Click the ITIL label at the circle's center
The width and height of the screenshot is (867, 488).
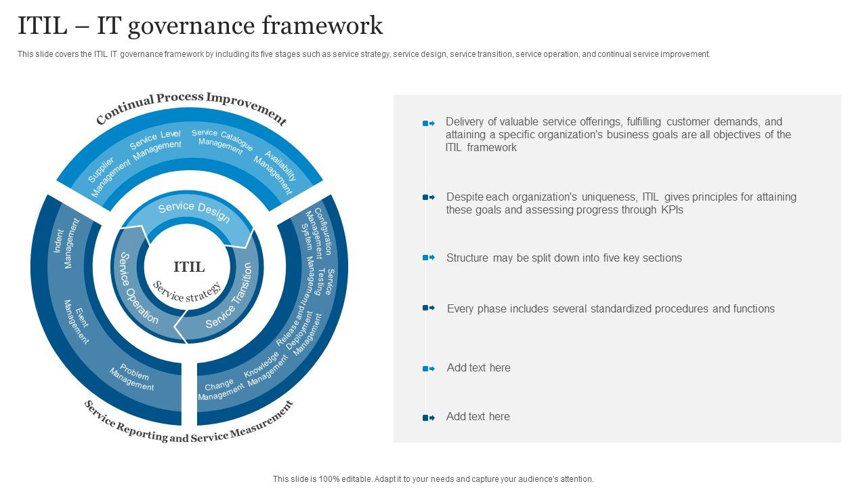[x=189, y=267]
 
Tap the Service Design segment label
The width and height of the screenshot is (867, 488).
[x=194, y=211]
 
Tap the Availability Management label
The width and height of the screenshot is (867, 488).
[x=276, y=172]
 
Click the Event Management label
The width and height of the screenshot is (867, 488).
[x=77, y=321]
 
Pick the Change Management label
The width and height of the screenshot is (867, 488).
[x=220, y=390]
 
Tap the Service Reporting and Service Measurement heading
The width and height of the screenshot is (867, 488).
[x=188, y=426]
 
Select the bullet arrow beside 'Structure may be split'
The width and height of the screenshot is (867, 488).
[x=428, y=258]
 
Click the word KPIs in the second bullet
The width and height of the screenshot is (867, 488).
[x=671, y=210]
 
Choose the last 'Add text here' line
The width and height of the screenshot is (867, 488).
[x=478, y=417]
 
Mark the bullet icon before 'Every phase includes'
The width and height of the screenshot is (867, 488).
[x=428, y=308]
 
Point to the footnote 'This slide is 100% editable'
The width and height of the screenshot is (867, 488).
[x=433, y=479]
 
